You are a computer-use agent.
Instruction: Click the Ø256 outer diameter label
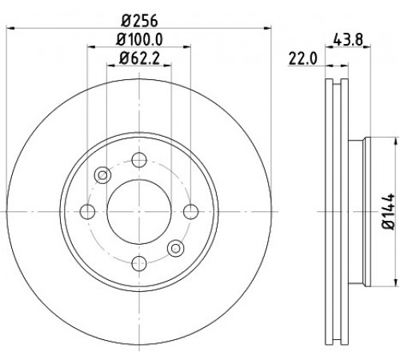[x=139, y=21]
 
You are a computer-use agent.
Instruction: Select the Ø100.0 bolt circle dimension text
[x=139, y=40]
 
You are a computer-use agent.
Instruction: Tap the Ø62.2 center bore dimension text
[x=139, y=58]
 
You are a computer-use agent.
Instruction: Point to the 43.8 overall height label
[x=348, y=40]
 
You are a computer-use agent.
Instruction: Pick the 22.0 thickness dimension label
[x=302, y=58]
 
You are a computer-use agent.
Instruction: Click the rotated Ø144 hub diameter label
[x=388, y=211]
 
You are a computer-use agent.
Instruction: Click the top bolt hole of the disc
[x=139, y=160]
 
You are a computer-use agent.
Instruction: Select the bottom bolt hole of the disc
[x=139, y=263]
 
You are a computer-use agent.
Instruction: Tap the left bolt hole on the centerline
[x=87, y=212]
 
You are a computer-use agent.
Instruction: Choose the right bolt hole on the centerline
[x=191, y=212]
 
